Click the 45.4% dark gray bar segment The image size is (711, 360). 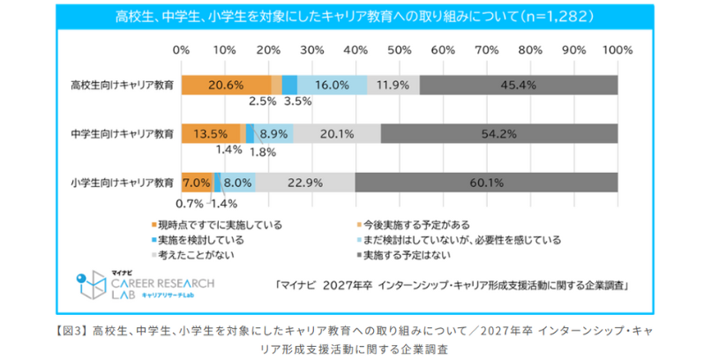point(519,85)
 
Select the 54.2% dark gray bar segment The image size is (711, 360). point(499,134)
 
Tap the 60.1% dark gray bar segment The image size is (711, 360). point(486,183)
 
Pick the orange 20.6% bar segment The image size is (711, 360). point(226,85)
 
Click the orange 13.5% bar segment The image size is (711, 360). point(210,134)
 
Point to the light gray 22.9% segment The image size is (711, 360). point(305,183)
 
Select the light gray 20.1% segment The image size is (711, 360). point(337,134)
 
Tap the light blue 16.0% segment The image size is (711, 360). point(332,85)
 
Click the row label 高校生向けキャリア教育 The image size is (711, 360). point(123,86)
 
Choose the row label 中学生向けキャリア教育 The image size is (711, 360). point(123,134)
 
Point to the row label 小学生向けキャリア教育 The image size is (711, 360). point(123,184)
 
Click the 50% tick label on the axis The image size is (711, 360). point(399,49)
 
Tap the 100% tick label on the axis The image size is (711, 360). point(615,49)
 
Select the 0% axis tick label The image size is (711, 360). point(182,49)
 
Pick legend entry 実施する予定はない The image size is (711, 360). point(407,255)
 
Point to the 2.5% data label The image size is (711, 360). point(263,101)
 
